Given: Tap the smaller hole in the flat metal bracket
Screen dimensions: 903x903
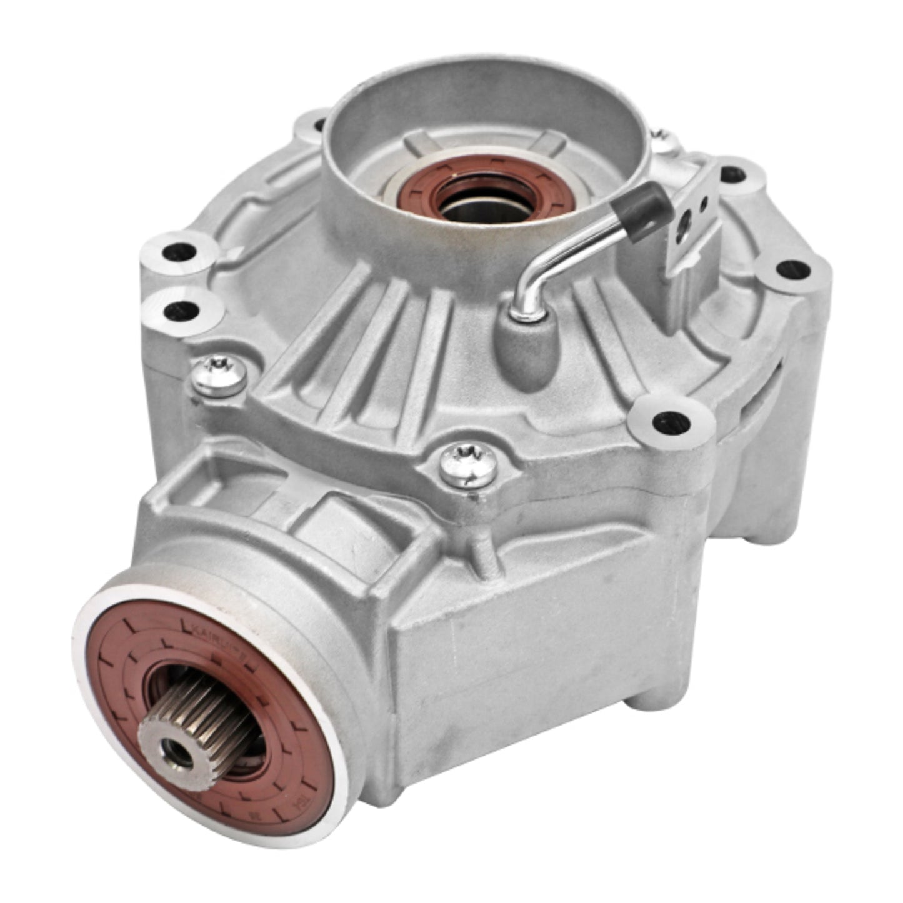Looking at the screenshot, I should pos(704,202).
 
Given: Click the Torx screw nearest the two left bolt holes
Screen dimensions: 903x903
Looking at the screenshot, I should pos(219,376).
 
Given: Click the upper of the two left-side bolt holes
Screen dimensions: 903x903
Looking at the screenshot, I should pos(179,253).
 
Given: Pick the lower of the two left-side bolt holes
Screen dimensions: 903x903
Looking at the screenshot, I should pos(181,309).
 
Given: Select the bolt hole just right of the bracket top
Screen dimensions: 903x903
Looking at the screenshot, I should pos(732,173).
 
